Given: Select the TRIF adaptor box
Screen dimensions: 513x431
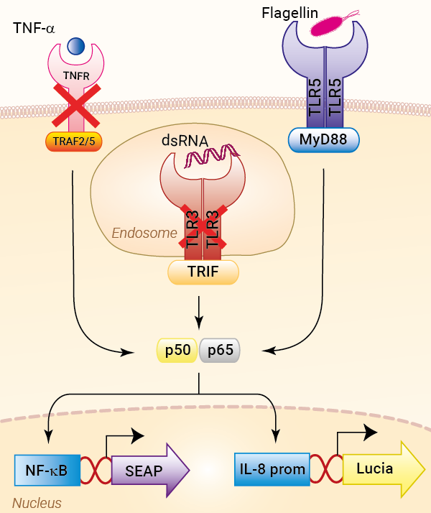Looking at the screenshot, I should click(203, 272).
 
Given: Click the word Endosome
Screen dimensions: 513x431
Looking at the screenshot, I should click(144, 233).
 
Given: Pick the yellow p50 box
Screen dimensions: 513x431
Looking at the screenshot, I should click(177, 351).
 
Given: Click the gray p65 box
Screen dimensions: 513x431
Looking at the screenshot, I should click(220, 351).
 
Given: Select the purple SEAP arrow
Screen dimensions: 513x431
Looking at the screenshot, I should click(147, 471).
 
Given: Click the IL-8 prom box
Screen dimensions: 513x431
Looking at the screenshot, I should click(273, 470).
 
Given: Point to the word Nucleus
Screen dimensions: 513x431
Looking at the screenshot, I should click(36, 503).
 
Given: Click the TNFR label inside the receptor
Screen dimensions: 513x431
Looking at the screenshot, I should click(75, 74).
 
